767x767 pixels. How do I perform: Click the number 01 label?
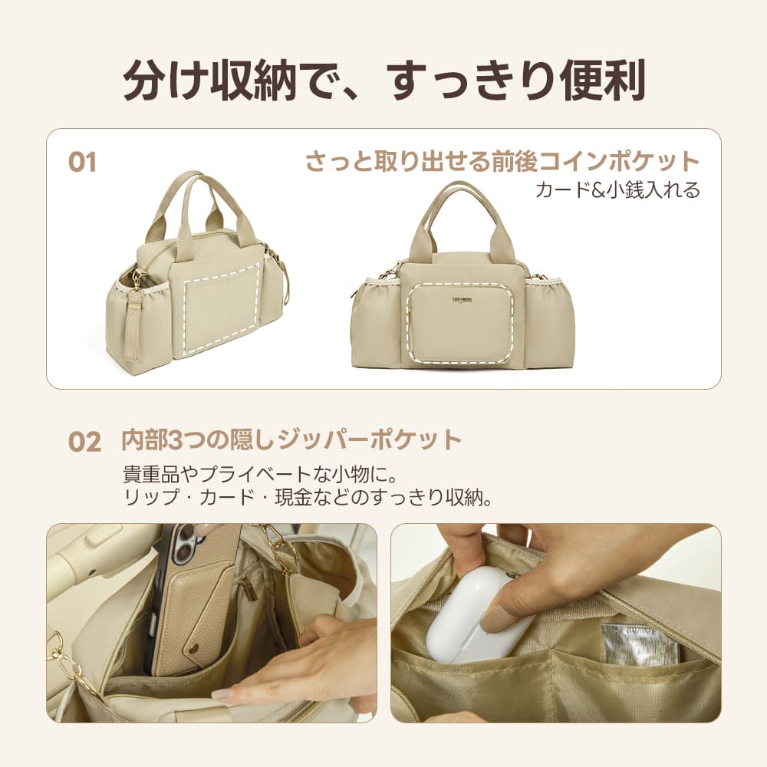coord(82,162)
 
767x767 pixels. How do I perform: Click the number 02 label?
coord(84,442)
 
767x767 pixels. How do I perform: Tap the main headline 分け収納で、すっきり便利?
coord(384,81)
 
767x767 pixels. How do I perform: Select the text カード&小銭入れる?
coord(617,189)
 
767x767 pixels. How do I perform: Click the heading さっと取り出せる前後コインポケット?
coord(503,161)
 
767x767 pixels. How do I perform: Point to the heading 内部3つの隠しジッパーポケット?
coord(291,440)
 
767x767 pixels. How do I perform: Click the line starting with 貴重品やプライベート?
coord(260,475)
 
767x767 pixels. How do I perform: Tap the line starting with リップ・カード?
coord(308,498)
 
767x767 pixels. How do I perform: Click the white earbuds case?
coord(477,617)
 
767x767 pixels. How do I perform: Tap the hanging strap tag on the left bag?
coord(133,325)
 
